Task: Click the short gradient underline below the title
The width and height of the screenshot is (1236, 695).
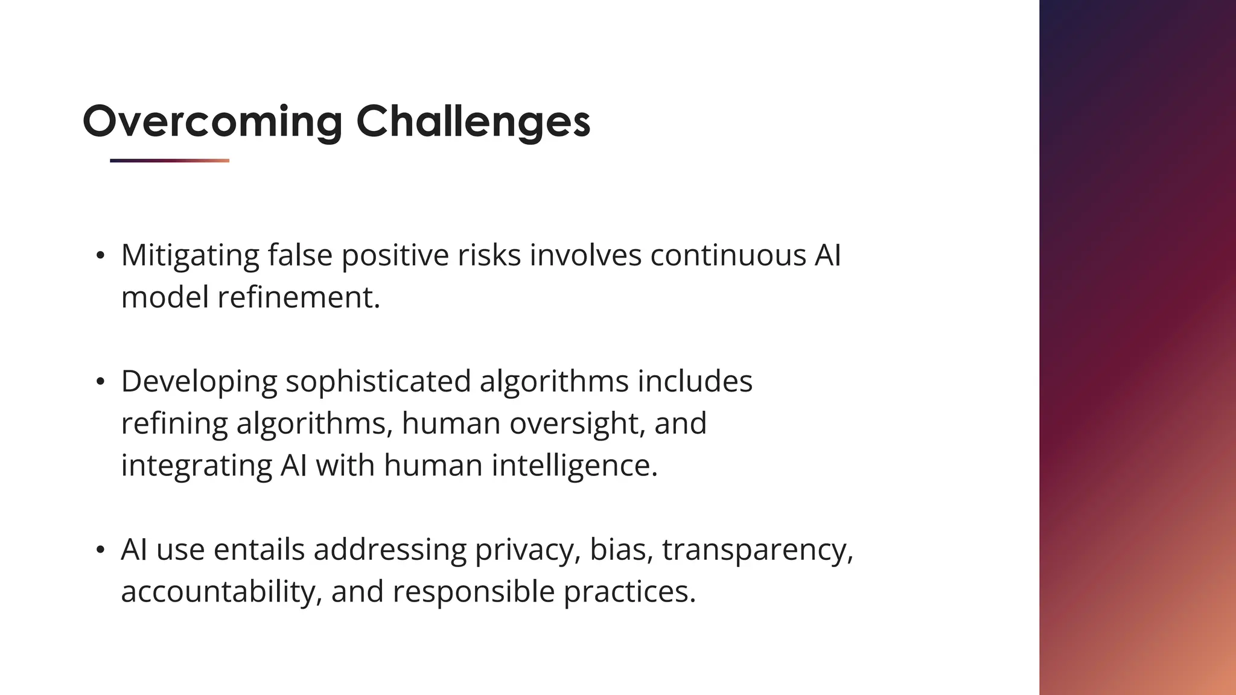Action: click(170, 160)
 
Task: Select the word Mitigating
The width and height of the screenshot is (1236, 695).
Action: click(190, 255)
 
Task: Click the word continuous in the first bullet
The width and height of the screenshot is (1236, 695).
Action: click(728, 255)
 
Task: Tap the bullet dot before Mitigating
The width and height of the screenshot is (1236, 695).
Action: click(101, 255)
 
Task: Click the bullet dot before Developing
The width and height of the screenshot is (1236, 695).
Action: click(101, 382)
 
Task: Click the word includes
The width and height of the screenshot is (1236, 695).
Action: click(695, 382)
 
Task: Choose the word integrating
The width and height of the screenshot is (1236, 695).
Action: click(196, 466)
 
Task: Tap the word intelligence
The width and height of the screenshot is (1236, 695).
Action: click(573, 466)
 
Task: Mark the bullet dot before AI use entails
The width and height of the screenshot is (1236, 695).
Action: click(101, 550)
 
